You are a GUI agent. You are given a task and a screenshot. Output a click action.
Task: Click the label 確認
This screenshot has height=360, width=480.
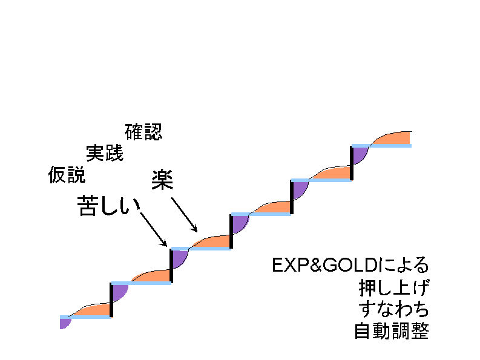click(x=143, y=132)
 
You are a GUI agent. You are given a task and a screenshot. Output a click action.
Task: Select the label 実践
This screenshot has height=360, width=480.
click(x=104, y=153)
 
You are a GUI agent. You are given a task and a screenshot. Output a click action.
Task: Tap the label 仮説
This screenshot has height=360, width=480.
click(x=67, y=175)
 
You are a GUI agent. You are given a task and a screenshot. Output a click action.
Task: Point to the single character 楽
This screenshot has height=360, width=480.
click(x=162, y=180)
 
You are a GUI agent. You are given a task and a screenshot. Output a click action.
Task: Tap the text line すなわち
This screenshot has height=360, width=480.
click(x=393, y=309)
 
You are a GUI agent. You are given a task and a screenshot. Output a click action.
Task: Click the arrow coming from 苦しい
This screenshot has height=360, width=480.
click(x=153, y=229)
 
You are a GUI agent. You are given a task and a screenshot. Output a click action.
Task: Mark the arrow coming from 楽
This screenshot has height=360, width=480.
click(x=183, y=215)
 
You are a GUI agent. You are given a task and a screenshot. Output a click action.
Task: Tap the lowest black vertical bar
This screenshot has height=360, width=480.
click(x=111, y=299)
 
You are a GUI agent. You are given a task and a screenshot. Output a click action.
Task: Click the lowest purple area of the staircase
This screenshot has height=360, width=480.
click(x=64, y=322)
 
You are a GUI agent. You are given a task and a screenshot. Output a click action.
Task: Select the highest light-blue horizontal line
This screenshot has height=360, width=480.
click(x=381, y=146)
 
